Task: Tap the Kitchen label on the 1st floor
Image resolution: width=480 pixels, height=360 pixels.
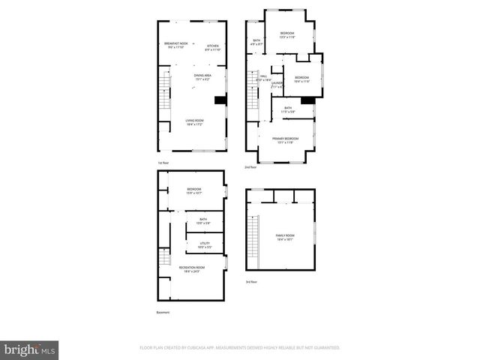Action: (213, 47)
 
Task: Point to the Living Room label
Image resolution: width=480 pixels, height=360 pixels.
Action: (195, 121)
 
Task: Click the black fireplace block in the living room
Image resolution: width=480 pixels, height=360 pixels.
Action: (220, 100)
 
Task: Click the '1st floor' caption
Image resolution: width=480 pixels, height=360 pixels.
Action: (163, 163)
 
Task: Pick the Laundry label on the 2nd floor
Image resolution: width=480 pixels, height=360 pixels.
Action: (277, 85)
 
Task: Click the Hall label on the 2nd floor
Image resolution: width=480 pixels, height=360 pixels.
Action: (263, 77)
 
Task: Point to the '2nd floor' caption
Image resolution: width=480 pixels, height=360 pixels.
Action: (250, 167)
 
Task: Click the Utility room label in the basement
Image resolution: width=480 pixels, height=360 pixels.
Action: (204, 245)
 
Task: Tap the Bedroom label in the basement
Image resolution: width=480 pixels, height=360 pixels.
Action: (194, 191)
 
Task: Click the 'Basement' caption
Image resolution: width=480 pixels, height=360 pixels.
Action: (163, 312)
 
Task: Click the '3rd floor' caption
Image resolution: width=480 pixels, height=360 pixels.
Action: (250, 282)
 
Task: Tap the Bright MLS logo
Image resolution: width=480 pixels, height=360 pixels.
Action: (29, 349)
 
